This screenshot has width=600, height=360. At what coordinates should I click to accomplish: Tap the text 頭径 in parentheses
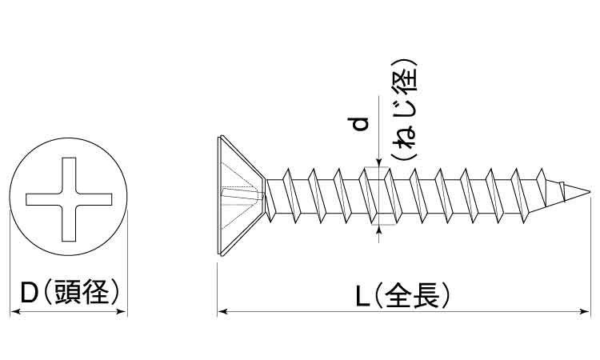82,294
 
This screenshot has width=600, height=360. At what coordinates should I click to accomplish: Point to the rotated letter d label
360,125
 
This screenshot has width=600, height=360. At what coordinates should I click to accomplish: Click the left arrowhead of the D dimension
13,311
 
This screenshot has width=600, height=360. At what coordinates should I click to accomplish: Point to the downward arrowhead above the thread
378,164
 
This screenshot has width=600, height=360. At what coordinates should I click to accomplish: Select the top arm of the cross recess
69,172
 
